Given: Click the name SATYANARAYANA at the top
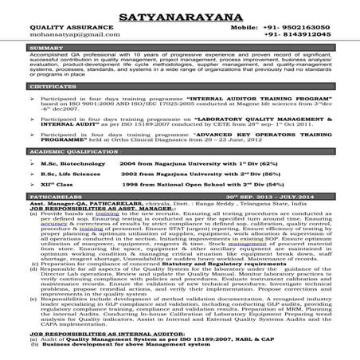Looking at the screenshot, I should tap(180, 14).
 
